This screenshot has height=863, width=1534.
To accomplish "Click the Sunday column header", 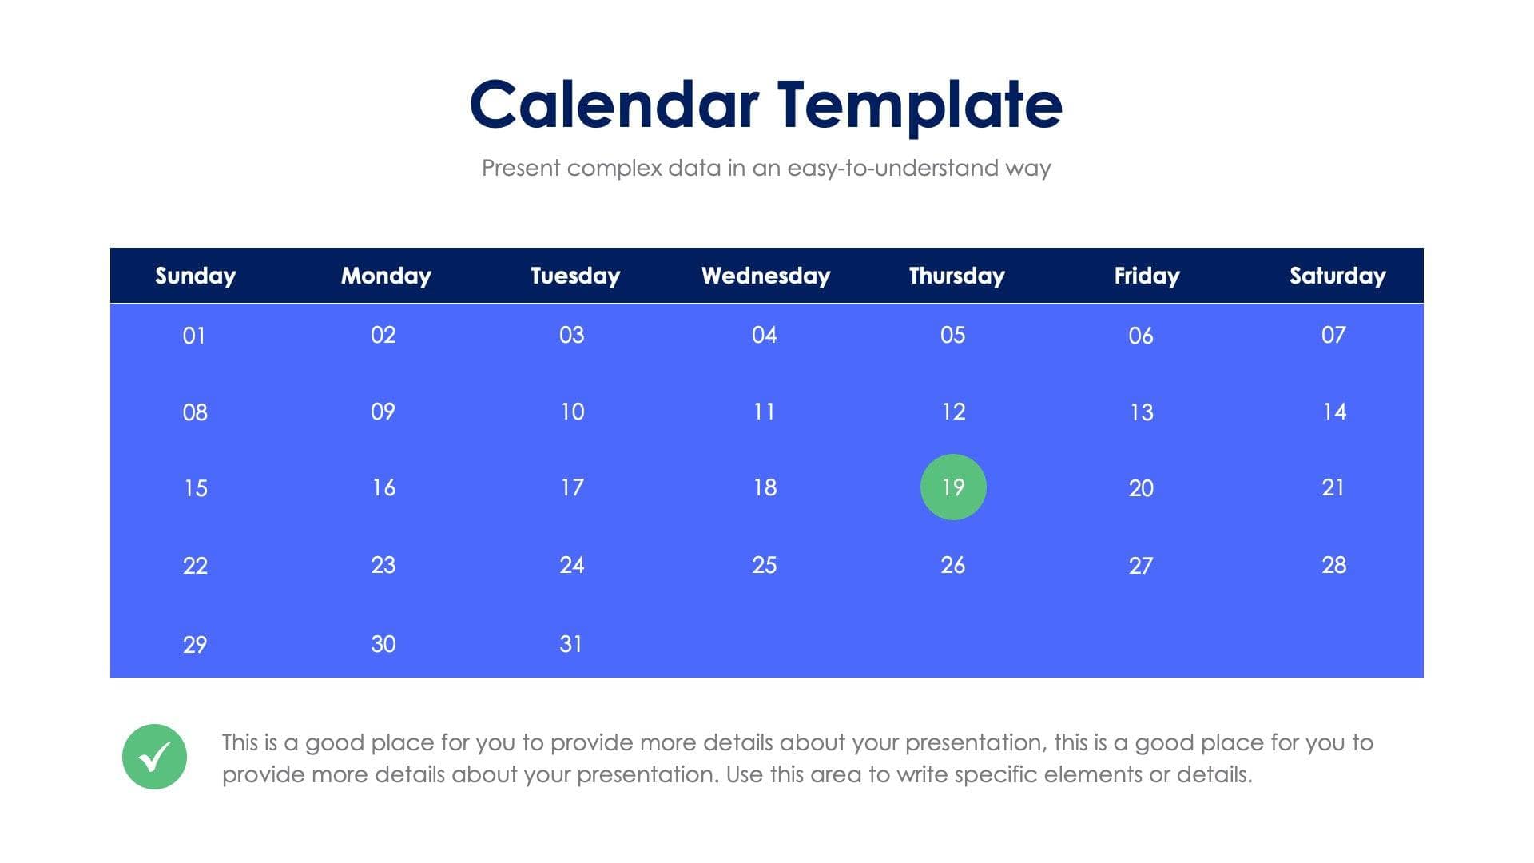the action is point(196,276).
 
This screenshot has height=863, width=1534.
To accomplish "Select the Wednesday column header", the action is point(766,276).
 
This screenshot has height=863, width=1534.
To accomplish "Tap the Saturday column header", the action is point(1337,276).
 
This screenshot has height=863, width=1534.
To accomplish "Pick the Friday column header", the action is point(1147,276).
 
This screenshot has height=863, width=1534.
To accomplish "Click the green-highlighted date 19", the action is point(953,487).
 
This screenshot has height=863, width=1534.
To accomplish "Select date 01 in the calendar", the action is point(194,336).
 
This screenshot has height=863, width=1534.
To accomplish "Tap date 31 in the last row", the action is point(571,644).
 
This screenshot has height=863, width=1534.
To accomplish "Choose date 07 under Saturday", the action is point(1333,335).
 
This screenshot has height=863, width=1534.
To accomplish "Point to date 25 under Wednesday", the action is point(765,565).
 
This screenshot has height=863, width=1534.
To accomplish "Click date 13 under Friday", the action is point(1142,412).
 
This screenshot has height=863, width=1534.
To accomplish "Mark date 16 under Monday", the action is point(383,487).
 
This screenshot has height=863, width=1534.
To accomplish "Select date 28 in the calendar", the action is point(1334,565).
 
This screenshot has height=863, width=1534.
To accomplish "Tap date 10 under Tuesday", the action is point(572,412).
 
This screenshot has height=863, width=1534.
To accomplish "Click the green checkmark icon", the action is point(154,757).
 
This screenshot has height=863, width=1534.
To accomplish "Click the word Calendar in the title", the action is point(614,105).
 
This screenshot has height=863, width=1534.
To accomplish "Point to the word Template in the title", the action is point(920,105).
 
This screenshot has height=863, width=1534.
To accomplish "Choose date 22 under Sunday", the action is point(195,566).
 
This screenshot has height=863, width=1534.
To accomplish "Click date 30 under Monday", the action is point(383,644).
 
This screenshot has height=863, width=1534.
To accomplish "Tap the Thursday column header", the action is point(957,276).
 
